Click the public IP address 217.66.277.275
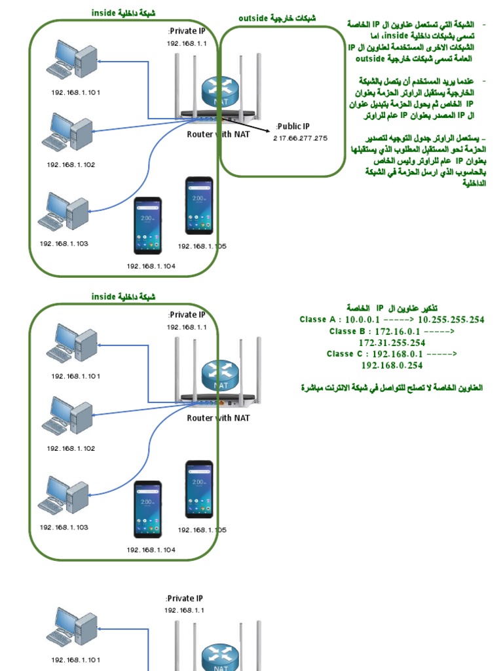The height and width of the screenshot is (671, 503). click(301, 138)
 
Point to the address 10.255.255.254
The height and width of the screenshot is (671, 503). click(451, 320)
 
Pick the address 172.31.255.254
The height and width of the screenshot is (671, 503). click(392, 343)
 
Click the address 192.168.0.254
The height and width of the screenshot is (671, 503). click(392, 365)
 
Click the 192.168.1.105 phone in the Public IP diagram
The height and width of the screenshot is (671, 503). click(198, 205)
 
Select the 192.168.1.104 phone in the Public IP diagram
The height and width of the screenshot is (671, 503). click(148, 225)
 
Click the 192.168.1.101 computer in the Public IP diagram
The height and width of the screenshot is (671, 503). click(71, 60)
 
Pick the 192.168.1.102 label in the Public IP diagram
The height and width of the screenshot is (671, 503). click(71, 164)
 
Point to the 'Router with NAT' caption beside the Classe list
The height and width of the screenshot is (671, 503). click(218, 417)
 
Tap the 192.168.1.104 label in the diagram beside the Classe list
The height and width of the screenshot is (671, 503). click(151, 550)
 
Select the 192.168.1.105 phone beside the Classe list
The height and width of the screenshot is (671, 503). click(198, 489)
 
